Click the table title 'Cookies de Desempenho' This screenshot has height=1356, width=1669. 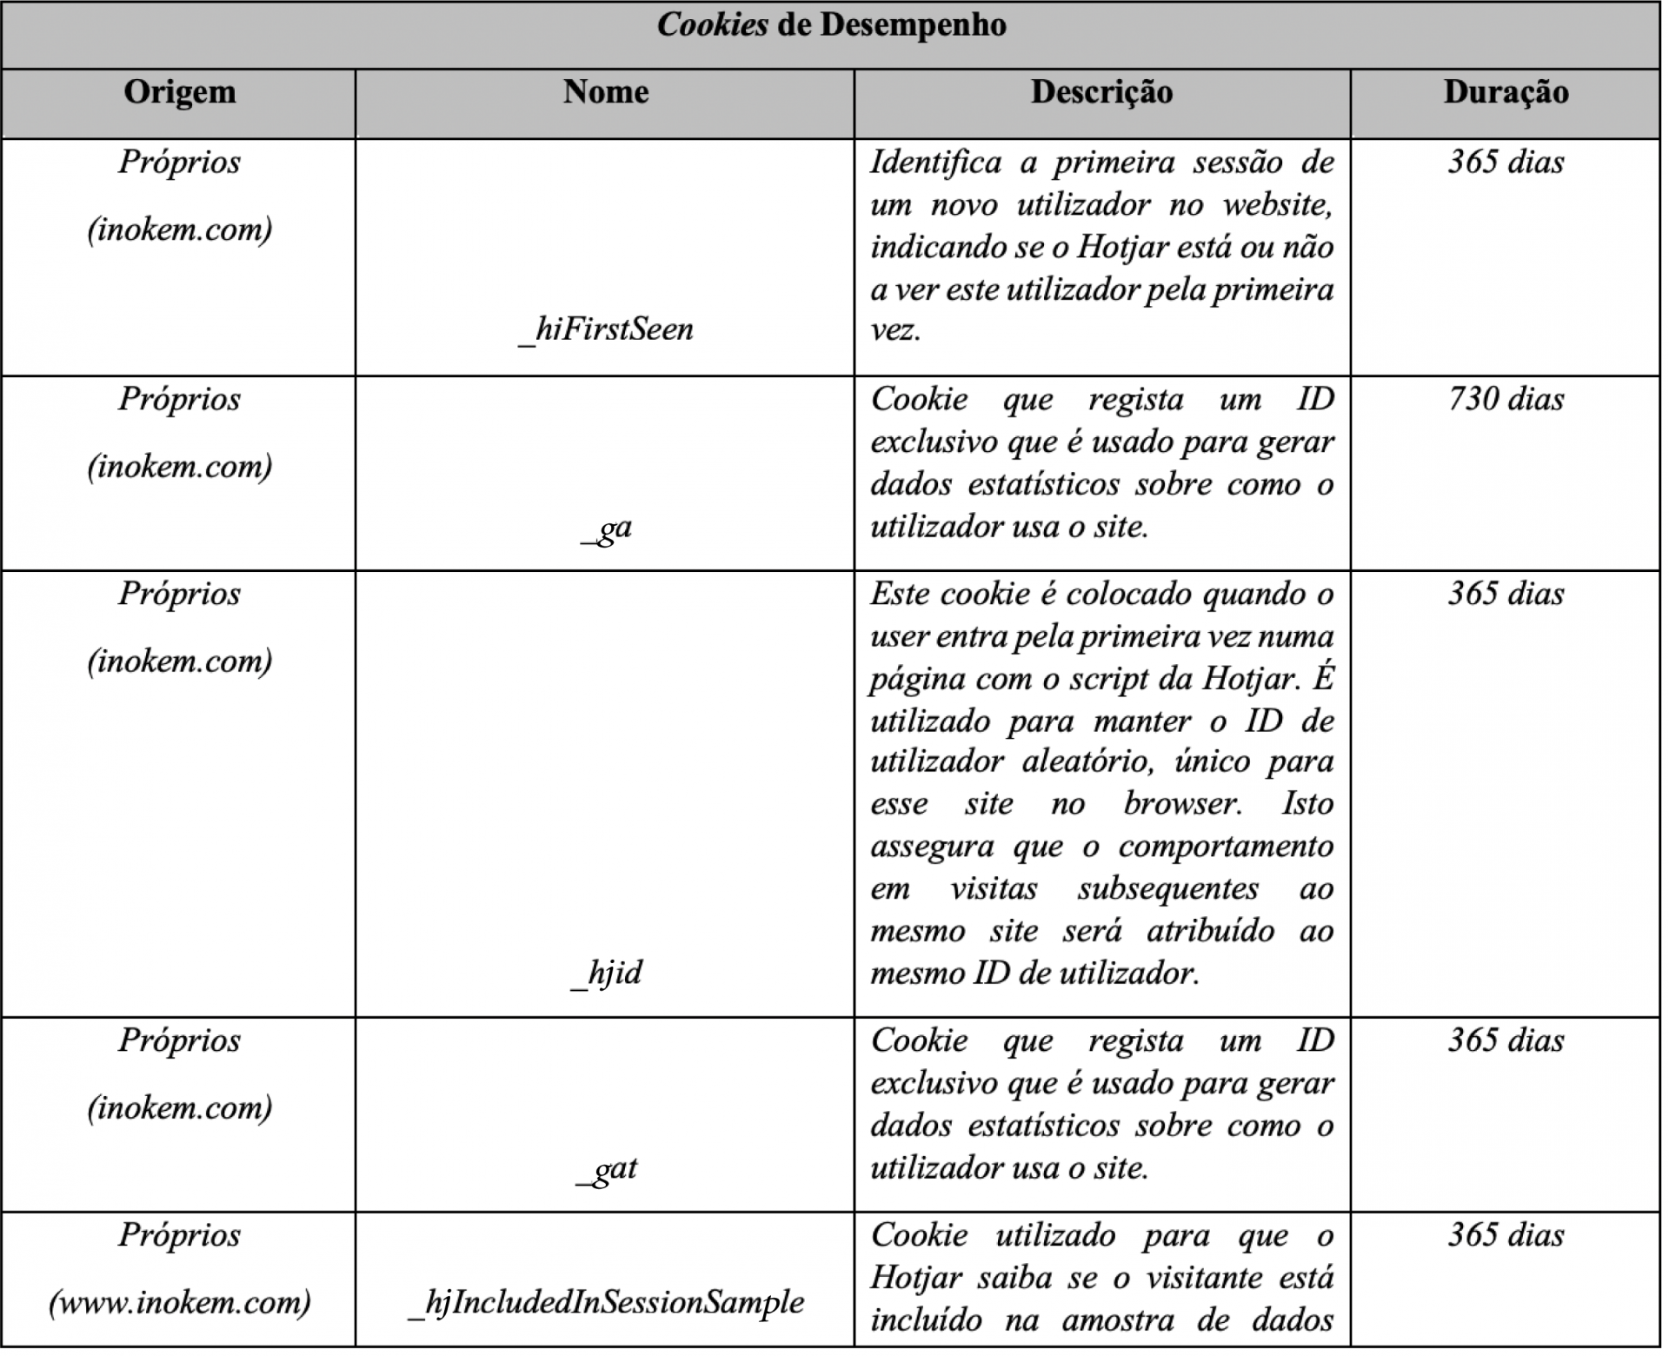point(831,25)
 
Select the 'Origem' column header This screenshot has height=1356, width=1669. point(179,92)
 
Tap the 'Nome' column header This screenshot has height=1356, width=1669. point(605,92)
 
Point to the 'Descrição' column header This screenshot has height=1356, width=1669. point(1101,92)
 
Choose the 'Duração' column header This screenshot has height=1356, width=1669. point(1506,92)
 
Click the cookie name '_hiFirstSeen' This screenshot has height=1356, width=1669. point(605,329)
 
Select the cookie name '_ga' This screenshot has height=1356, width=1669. point(606,528)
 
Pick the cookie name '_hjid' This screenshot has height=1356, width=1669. point(606,973)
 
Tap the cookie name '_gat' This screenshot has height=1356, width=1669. point(606,1168)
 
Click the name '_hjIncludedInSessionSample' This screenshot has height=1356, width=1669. point(606,1302)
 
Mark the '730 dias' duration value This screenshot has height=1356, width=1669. point(1506,399)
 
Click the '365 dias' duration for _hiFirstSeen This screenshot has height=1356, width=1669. point(1506,163)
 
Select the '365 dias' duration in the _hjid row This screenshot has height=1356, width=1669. point(1506,594)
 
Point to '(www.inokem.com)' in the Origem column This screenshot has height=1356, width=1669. point(180,1302)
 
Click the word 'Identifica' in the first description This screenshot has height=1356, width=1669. point(935,163)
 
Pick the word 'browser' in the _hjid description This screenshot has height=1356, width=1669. point(1181,804)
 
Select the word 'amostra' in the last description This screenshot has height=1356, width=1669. point(1118,1320)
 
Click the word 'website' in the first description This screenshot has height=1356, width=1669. point(1276,205)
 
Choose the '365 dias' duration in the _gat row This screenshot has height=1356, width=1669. point(1506,1040)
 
